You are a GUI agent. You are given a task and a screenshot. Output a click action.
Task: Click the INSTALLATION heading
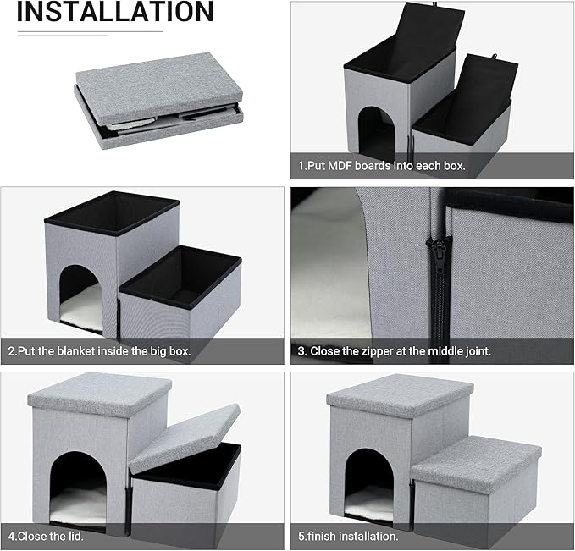click(114, 13)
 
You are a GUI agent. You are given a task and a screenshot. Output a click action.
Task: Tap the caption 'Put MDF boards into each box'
click(381, 166)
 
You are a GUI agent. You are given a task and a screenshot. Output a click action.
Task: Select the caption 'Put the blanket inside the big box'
click(100, 350)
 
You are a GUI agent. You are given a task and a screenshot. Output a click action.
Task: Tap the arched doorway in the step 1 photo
click(377, 135)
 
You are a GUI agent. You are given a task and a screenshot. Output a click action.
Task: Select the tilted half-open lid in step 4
click(185, 436)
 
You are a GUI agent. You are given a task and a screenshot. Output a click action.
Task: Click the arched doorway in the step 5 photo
click(368, 482)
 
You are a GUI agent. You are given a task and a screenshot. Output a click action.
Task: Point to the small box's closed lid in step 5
click(476, 453)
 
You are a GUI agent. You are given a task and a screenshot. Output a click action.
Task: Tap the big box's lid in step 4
click(100, 394)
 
